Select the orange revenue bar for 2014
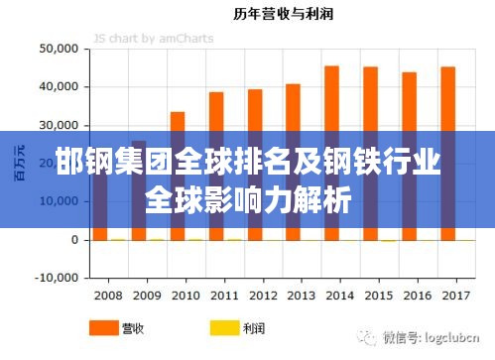click(x=331, y=99)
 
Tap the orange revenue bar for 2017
click(x=447, y=99)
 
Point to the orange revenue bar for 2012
click(x=255, y=109)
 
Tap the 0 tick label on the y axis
click(x=73, y=239)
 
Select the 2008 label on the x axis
click(x=107, y=296)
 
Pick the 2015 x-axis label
click(x=377, y=296)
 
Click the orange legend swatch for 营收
click(x=102, y=326)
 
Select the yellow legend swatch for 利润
click(x=224, y=326)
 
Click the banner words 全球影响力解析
click(x=248, y=201)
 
